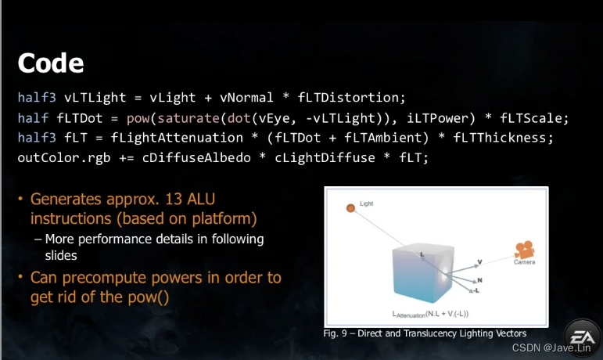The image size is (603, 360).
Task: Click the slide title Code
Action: (50, 63)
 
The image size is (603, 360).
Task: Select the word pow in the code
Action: (138, 118)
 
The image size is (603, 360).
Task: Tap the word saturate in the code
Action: (185, 118)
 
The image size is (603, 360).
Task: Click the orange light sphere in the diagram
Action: (350, 207)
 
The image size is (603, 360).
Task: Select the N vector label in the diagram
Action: (480, 279)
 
